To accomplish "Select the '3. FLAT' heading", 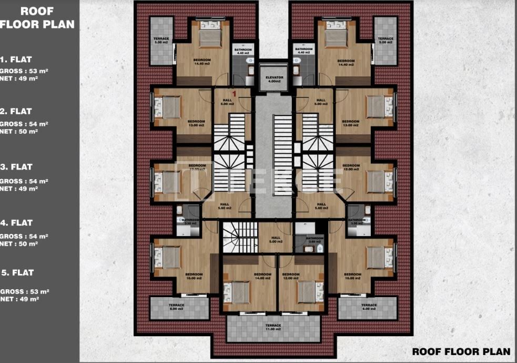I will (17, 167).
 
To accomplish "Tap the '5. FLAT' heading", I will (17, 273).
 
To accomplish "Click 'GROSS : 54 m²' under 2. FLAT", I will (24, 124).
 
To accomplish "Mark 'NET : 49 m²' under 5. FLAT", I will (19, 299).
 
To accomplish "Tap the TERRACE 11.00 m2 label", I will (273, 328).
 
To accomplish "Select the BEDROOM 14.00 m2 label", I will (262, 276).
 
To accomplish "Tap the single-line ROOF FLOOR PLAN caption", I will (461, 351).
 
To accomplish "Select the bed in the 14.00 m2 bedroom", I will (239, 292).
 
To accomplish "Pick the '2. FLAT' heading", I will (17, 112).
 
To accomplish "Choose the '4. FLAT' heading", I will (17, 223).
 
